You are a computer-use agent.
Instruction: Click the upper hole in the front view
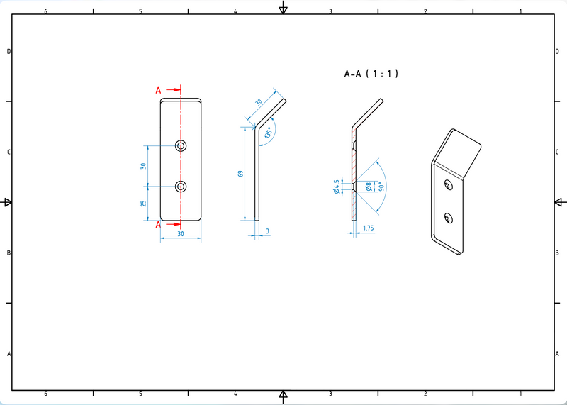[181, 145]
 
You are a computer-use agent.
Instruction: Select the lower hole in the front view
[181, 187]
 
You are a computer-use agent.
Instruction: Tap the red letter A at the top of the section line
[159, 90]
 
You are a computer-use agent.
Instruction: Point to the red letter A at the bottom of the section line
[159, 225]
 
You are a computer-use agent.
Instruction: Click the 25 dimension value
[143, 204]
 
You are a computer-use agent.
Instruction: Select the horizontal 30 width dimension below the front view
[180, 233]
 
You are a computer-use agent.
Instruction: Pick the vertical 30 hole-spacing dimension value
[143, 166]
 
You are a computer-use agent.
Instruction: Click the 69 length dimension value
[240, 174]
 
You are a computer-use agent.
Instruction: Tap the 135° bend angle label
[267, 133]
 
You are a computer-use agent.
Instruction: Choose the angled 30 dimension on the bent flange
[258, 104]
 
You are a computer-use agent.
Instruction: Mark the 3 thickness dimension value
[268, 231]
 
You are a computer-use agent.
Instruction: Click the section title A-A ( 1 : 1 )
[371, 73]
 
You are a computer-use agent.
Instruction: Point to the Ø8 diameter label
[369, 187]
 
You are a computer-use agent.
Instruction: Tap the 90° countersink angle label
[381, 187]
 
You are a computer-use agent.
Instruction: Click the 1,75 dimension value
[369, 228]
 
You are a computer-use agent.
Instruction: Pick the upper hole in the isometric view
[447, 185]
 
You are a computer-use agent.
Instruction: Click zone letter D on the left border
[9, 51]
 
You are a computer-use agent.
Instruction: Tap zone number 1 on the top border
[520, 11]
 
